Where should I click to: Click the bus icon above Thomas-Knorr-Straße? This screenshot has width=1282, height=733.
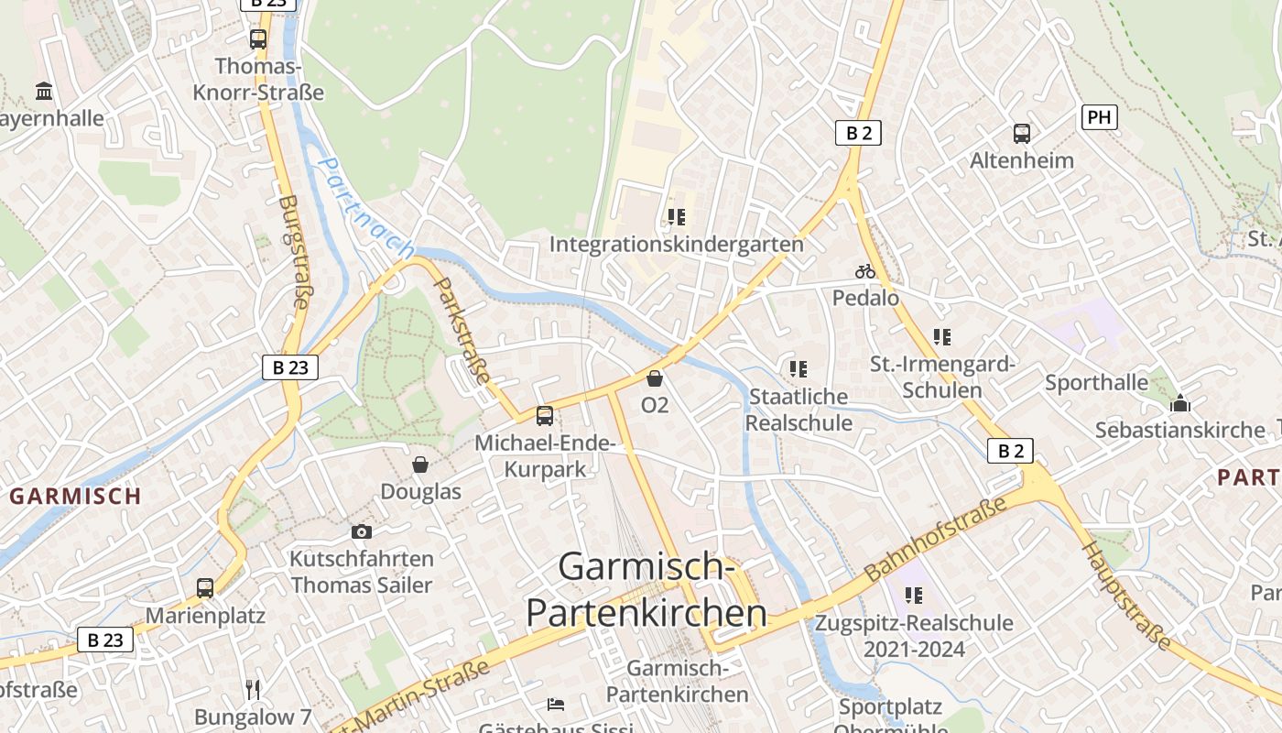coord(258,38)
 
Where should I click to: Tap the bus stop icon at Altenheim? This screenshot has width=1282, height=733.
coord(1022,134)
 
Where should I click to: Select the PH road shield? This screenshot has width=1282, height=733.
coord(1099,117)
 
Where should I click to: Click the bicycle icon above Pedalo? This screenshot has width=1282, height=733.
coord(865,271)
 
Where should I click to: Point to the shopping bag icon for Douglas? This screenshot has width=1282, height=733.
coord(420,465)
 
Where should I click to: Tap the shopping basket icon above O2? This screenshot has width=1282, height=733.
coord(655,377)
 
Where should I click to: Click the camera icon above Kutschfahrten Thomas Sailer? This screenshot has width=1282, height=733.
coord(362,531)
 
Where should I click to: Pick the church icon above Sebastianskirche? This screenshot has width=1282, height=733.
coord(1180,403)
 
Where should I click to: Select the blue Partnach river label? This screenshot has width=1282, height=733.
coord(365,208)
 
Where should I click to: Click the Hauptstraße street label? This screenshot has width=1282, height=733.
coord(1126,596)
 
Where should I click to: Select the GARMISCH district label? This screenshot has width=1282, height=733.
coord(75,497)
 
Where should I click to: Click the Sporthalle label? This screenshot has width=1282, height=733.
coord(1096,382)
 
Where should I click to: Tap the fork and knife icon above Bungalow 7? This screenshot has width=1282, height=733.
coord(254,689)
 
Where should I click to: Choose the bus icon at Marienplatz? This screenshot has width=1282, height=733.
coord(205,588)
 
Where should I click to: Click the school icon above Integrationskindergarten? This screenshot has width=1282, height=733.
coord(677,217)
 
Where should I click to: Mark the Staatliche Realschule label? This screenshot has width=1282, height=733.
coord(799,410)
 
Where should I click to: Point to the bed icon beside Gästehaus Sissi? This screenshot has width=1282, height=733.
coord(556,705)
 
